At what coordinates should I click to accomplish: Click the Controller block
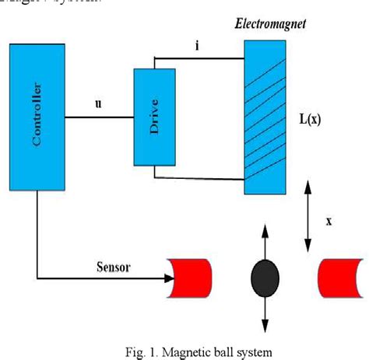coord(37,117)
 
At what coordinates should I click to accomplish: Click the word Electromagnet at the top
coord(271,24)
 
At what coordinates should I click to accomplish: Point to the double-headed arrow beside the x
coord(307,210)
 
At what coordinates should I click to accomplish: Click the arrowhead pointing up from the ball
coord(264,231)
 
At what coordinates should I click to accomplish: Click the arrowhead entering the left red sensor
coord(168,278)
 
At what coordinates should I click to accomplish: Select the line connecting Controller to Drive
coord(99,117)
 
